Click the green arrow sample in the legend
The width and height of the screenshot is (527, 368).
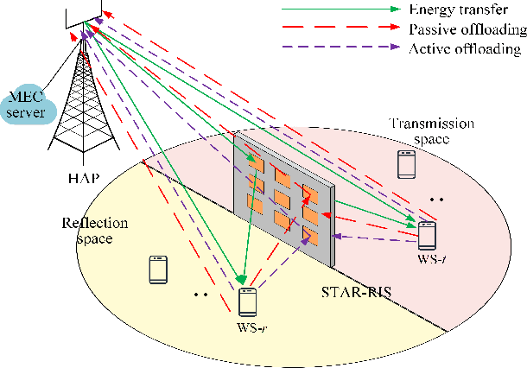[338, 10]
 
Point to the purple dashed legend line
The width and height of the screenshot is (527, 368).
[338, 48]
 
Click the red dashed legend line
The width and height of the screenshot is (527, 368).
[338, 29]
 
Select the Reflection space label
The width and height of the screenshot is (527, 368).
[94, 230]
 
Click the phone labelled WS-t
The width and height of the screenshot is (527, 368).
[427, 236]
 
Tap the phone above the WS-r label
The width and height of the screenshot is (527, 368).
[248, 301]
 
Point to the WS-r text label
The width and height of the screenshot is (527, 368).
[249, 328]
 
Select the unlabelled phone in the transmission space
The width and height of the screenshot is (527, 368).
[405, 163]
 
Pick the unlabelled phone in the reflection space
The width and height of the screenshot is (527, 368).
[157, 270]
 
